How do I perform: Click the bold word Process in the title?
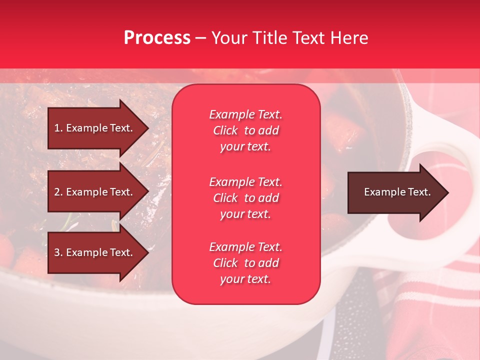[157, 38]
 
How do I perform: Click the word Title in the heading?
[270, 38]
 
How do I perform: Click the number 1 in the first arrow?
[57, 128]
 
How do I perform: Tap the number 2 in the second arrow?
[57, 192]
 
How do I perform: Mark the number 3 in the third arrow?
[57, 253]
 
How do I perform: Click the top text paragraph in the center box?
[245, 130]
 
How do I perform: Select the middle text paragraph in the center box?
[245, 198]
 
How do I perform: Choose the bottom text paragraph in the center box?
[245, 263]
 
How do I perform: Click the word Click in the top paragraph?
[225, 131]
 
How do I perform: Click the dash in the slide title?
[200, 38]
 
